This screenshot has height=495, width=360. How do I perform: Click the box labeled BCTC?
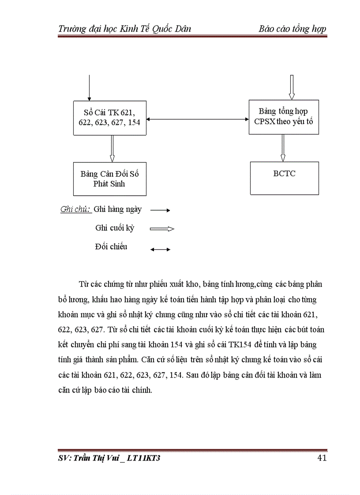point(284,178)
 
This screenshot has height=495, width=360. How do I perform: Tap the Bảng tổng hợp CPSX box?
point(284,117)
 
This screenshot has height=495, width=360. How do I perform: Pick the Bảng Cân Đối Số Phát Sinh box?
point(109,179)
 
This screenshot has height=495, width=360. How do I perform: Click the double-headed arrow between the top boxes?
point(197,119)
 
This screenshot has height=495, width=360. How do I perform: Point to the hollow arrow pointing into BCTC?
point(283,148)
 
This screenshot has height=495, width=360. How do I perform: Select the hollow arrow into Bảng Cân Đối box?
point(112,149)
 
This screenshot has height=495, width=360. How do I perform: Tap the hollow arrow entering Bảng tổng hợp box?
point(291,87)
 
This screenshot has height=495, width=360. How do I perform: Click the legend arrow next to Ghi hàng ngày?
point(160,210)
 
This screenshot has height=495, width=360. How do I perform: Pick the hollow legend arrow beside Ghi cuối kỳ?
point(162,229)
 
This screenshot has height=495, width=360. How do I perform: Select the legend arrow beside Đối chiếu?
point(160,249)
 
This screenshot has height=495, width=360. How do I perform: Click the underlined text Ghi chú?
point(75,209)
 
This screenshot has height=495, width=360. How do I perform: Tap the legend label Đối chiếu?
point(111,247)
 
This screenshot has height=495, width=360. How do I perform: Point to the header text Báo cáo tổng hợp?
point(292,29)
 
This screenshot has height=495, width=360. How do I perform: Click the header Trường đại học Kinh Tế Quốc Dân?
point(124,29)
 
